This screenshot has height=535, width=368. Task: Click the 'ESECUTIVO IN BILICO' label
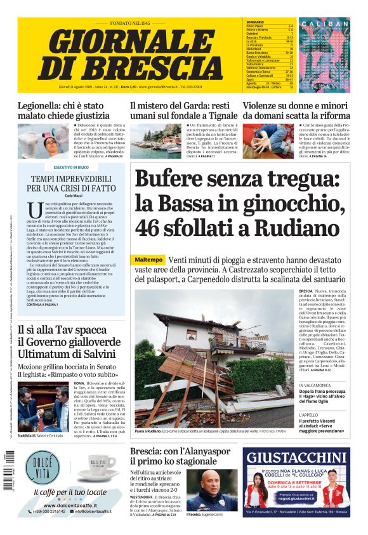coord(70,167)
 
